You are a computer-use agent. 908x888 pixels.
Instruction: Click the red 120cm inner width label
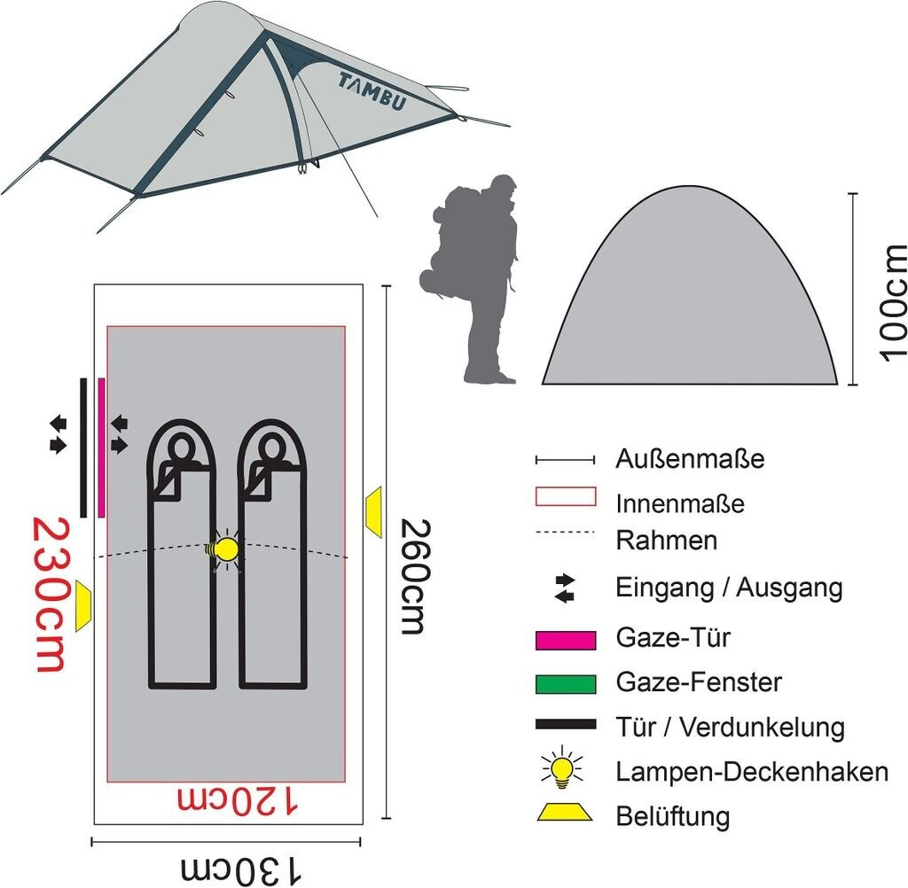pos(239,800)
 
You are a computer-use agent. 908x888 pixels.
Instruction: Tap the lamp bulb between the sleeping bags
pos(227,549)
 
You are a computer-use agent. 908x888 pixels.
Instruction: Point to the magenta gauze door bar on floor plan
pos(102,447)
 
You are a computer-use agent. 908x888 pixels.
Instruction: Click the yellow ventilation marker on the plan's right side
pos(373,510)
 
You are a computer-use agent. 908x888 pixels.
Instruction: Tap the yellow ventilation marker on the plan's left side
pos(83,606)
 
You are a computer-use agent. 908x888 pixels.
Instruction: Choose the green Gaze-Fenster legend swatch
pos(565,683)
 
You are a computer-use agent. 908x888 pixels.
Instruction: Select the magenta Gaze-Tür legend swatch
pos(565,639)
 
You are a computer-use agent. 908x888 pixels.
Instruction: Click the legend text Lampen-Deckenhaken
pos(751,772)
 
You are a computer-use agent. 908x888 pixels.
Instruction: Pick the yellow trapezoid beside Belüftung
pos(564,812)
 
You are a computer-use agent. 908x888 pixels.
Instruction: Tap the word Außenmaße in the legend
pos(689,460)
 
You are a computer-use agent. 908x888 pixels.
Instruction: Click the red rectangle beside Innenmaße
pos(565,496)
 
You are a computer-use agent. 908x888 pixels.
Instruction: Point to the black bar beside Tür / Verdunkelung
pos(565,725)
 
